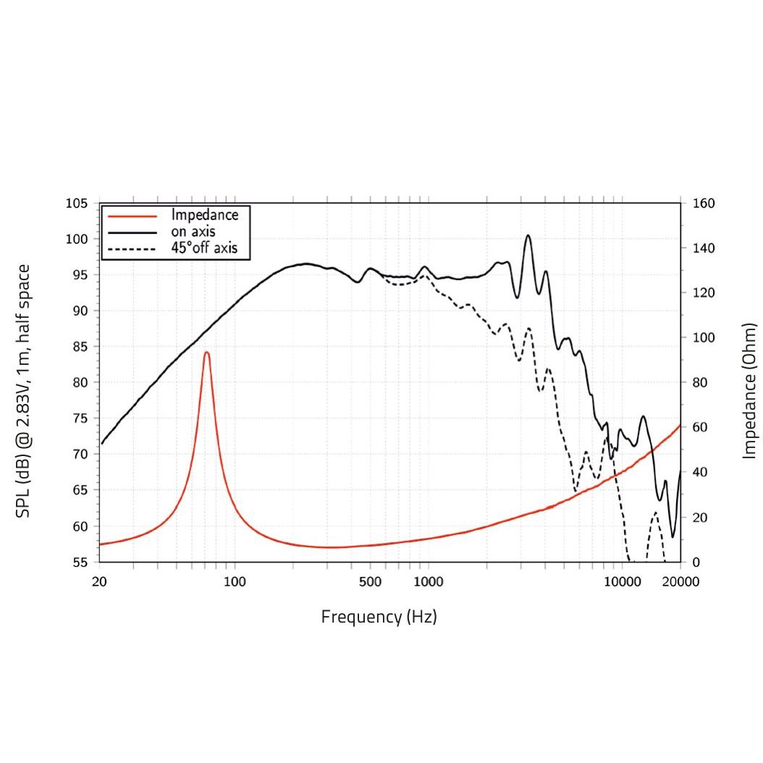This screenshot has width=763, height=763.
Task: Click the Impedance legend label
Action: click(205, 215)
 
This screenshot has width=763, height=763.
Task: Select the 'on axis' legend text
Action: click(193, 232)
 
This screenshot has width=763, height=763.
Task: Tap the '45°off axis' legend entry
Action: click(210, 249)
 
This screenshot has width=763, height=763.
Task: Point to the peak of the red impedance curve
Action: click(207, 353)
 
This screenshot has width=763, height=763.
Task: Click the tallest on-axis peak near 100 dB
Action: click(528, 235)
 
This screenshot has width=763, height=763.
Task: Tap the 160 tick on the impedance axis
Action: click(704, 203)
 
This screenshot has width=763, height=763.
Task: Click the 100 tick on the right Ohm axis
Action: click(704, 338)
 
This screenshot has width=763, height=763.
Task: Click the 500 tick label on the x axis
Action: click(370, 581)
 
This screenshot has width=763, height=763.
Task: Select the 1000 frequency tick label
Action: click(429, 581)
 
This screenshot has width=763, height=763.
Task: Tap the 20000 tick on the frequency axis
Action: click(680, 581)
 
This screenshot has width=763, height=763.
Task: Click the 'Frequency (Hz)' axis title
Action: click(379, 617)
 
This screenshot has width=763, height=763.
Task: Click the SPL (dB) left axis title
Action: click(23, 391)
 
